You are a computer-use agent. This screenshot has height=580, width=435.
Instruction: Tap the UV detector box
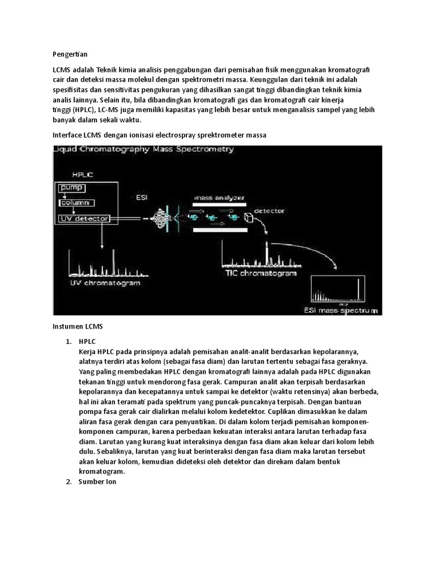(x=84, y=218)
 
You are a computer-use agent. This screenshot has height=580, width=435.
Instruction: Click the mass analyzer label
(x=219, y=198)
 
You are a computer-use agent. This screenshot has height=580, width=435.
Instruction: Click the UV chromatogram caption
(x=105, y=282)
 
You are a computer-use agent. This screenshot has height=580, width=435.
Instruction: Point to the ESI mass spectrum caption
(x=340, y=310)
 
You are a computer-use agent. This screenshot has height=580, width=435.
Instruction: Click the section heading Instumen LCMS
(x=76, y=327)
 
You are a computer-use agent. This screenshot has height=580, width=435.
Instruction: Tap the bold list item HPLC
(x=88, y=341)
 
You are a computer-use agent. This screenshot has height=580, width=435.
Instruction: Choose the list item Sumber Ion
(x=97, y=481)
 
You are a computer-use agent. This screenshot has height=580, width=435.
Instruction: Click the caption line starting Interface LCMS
(x=159, y=135)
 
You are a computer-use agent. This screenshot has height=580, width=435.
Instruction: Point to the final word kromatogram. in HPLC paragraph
(x=102, y=471)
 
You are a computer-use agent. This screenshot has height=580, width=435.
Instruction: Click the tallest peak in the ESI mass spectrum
(x=359, y=289)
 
